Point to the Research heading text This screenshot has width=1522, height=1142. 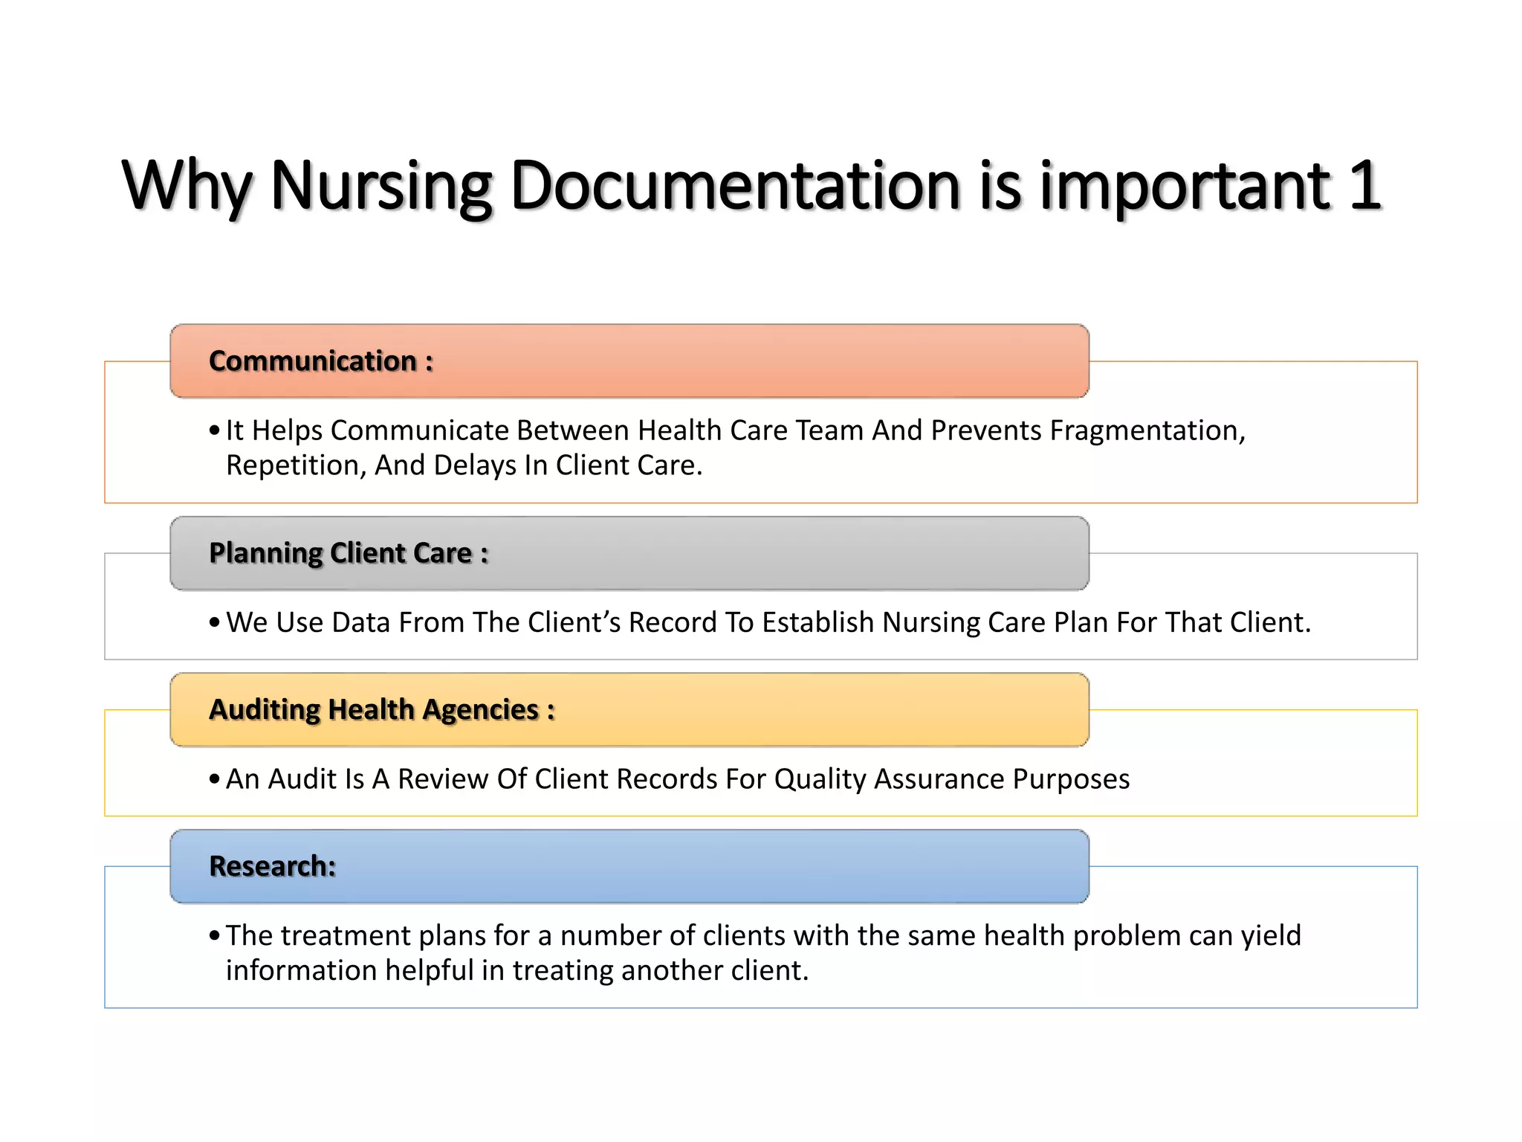coord(272,866)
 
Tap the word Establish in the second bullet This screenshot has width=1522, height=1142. coord(817,622)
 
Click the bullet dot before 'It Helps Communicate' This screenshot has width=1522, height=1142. coord(214,430)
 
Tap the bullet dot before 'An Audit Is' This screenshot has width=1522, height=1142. coord(214,779)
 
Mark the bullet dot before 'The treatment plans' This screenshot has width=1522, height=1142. coord(214,935)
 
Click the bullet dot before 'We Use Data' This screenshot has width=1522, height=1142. coord(214,622)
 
